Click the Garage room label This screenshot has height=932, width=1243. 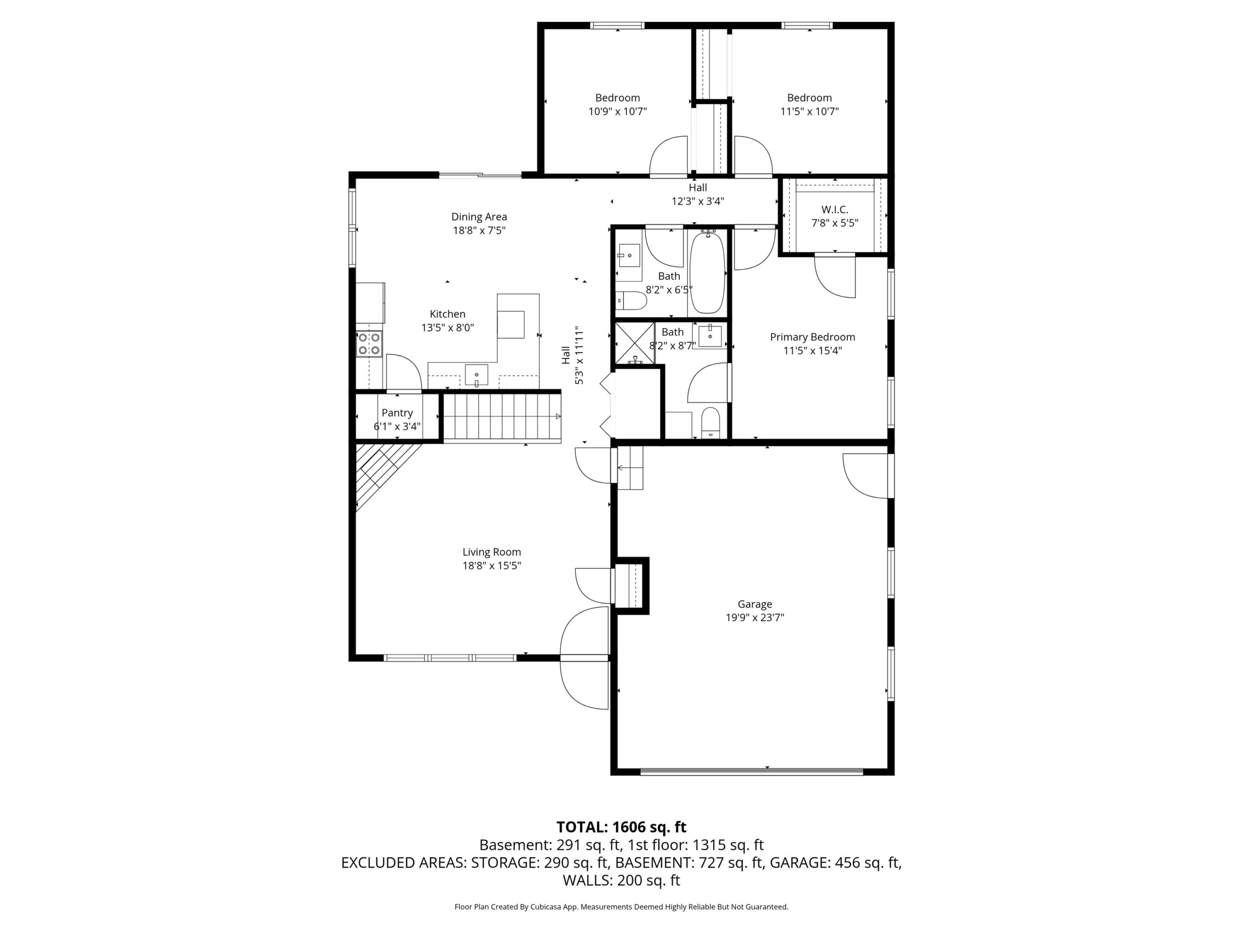[755, 604]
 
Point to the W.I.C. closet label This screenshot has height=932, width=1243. [835, 210]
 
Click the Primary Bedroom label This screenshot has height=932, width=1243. [812, 337]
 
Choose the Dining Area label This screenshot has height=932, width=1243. [479, 217]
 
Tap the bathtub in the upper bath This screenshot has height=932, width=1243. [707, 272]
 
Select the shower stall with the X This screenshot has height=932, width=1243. [635, 343]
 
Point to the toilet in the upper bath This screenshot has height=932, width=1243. [631, 300]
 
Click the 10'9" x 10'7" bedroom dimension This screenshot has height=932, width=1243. [618, 111]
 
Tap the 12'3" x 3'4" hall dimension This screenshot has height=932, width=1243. [698, 201]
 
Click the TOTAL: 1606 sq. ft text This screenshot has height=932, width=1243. [621, 827]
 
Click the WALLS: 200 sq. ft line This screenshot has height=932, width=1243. [621, 881]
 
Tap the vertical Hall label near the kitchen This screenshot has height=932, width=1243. [566, 355]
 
